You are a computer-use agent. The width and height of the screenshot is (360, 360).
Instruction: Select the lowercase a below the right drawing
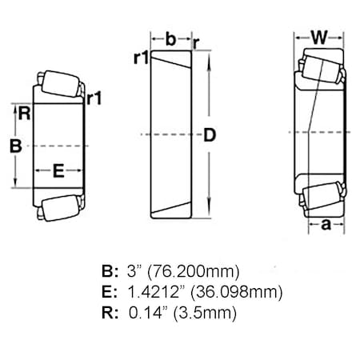click(x=325, y=226)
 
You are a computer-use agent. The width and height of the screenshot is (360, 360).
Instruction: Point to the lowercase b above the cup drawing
click(x=170, y=37)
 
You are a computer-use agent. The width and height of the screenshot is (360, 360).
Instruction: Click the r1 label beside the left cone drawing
click(x=94, y=98)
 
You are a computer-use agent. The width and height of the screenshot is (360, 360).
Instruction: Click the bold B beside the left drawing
click(x=14, y=146)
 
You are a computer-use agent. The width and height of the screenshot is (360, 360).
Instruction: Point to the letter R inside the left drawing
click(x=25, y=114)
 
